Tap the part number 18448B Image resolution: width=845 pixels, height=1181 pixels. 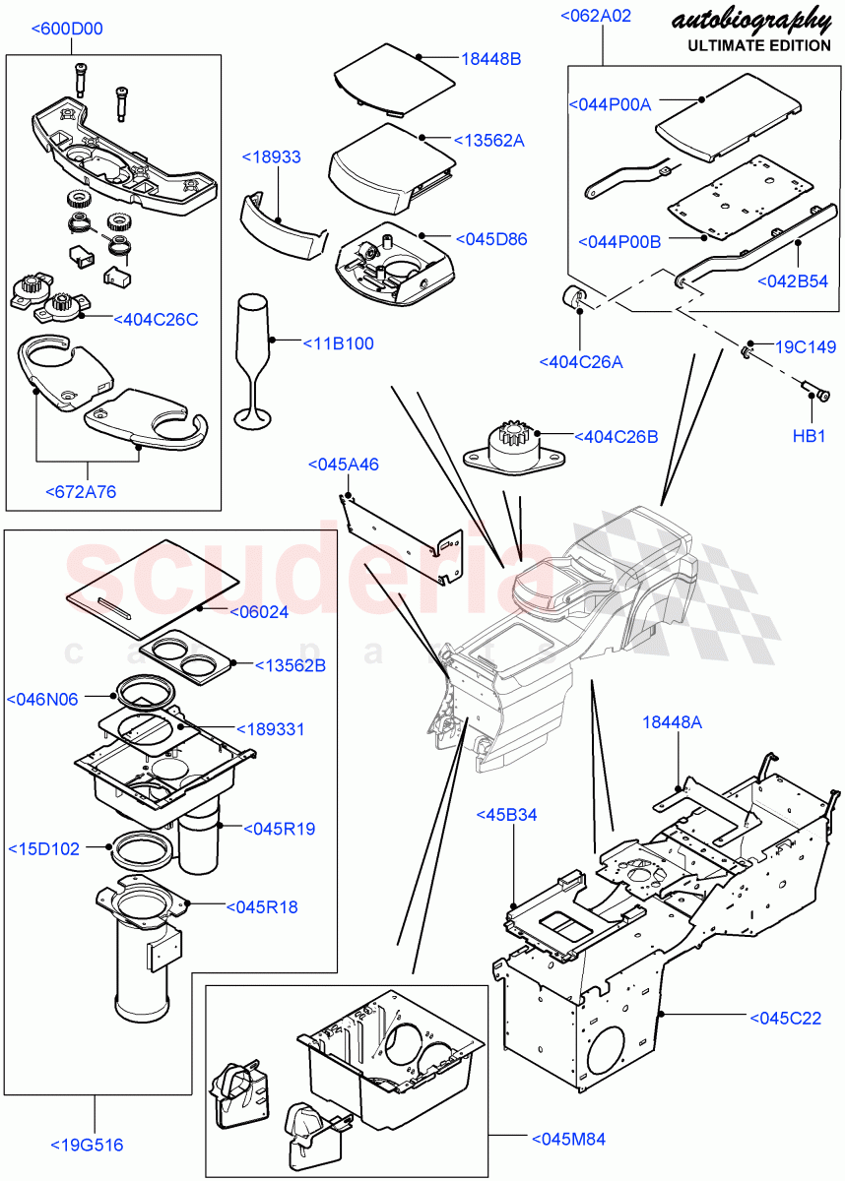coord(490,59)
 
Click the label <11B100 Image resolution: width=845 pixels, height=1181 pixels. coord(338,343)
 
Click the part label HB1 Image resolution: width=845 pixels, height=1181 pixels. coord(809,436)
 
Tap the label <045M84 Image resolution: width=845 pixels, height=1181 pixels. coord(568,1139)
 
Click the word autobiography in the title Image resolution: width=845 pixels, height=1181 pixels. coord(749,19)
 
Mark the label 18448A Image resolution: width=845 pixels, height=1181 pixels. coord(673,722)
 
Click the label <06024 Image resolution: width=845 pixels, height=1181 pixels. coord(259,612)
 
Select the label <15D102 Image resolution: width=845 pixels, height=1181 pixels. coord(43,847)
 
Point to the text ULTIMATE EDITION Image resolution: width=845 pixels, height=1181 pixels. coord(758,45)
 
